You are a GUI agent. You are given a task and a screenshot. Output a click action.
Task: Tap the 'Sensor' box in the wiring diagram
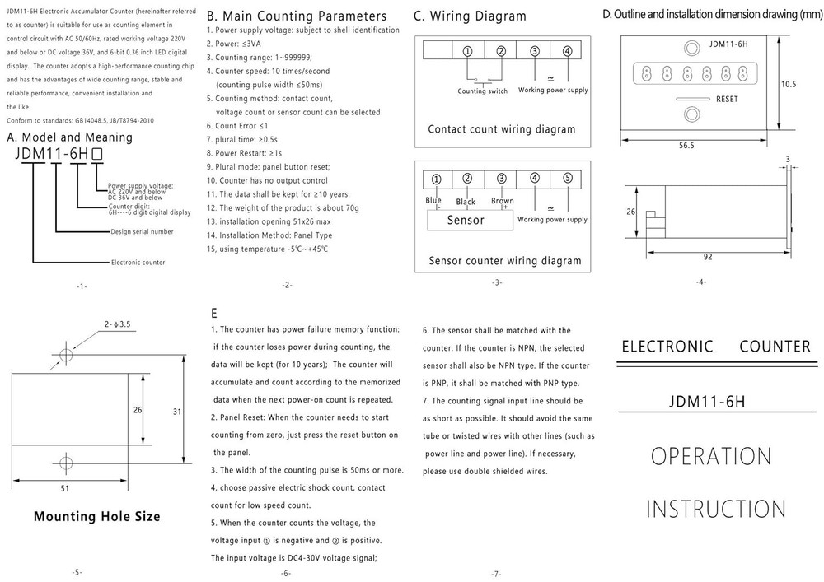coord(466,220)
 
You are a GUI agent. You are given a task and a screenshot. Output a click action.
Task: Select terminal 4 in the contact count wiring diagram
coord(566,51)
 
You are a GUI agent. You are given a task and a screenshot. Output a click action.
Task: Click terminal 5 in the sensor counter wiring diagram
coord(567,178)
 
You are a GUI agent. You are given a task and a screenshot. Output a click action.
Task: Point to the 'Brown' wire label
coord(502,200)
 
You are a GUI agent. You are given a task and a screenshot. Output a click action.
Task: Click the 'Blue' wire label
coord(433,200)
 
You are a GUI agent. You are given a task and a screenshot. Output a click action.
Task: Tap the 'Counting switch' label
coord(482,91)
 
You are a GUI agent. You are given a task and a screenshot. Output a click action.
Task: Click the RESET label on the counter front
coord(727,98)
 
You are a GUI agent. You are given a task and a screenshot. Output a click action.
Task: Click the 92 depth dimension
coord(707,256)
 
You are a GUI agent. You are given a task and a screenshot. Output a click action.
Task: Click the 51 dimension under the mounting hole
coord(65,487)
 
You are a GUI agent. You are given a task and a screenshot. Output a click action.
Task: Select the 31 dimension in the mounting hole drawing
coord(176,412)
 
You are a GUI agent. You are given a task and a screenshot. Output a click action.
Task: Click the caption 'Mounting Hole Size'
coord(96,517)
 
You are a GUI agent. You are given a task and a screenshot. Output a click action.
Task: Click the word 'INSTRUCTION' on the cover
coord(715,508)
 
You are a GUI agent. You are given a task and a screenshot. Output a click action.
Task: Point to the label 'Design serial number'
coord(142,231)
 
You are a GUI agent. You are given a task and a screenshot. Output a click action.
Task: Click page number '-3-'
coord(496,282)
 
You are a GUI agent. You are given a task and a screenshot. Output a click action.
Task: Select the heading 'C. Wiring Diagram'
coord(469,16)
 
